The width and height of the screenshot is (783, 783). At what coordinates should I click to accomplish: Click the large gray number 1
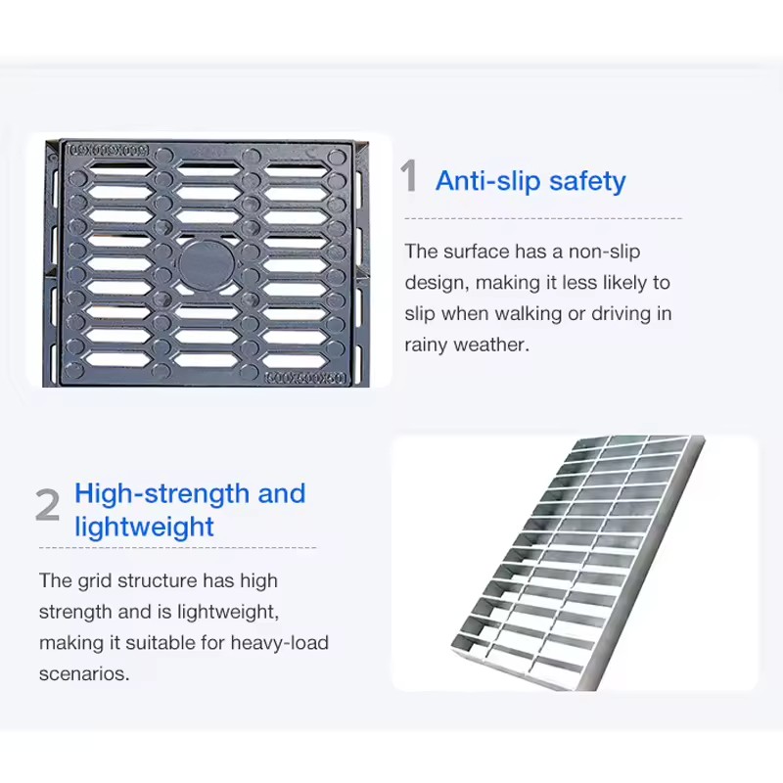click(x=409, y=176)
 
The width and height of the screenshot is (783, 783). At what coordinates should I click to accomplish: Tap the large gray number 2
click(x=47, y=505)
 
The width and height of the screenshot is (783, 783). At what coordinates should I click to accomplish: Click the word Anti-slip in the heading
click(x=488, y=181)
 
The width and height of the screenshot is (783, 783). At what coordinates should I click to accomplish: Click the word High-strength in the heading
click(x=161, y=494)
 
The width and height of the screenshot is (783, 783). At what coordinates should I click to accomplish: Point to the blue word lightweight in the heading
click(x=144, y=528)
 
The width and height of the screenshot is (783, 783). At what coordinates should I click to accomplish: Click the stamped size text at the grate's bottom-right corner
click(x=304, y=379)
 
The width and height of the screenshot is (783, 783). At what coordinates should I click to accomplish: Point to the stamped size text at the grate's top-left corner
click(x=108, y=150)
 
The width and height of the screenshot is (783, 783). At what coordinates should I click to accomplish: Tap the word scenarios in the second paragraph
click(x=84, y=674)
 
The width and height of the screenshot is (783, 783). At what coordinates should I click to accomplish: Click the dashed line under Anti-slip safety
click(x=543, y=218)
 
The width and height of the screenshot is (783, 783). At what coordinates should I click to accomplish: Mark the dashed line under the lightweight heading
click(x=178, y=548)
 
